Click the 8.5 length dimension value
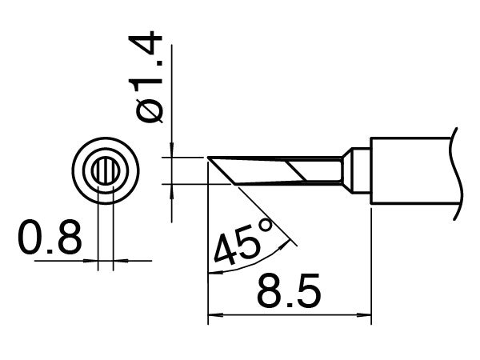(289, 294)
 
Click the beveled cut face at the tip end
(223, 170)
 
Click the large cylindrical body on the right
(412, 170)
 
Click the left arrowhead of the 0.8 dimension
(93, 260)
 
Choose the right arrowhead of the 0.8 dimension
(119, 260)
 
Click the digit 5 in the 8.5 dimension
(309, 294)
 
